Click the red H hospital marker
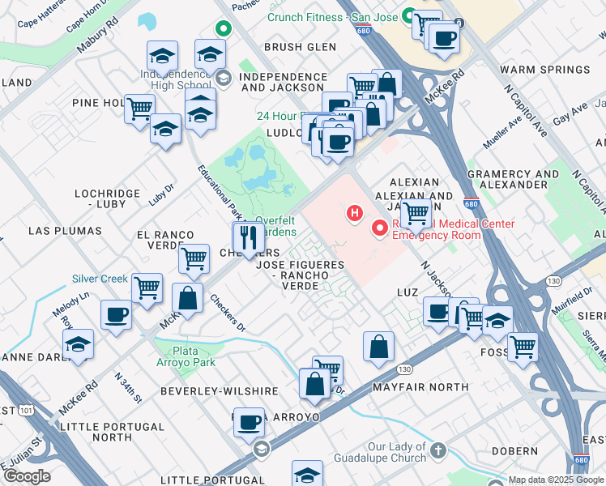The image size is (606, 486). click(x=353, y=213)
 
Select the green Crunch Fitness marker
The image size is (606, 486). click(x=410, y=15)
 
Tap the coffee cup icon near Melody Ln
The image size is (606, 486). click(x=116, y=313)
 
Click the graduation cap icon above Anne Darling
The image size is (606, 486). click(x=79, y=343)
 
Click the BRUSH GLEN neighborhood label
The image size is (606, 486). click(x=300, y=47)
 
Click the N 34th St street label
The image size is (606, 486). click(x=128, y=388)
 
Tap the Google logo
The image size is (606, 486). click(x=27, y=476)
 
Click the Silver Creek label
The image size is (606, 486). click(x=100, y=279)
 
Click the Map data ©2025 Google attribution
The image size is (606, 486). click(x=556, y=480)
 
